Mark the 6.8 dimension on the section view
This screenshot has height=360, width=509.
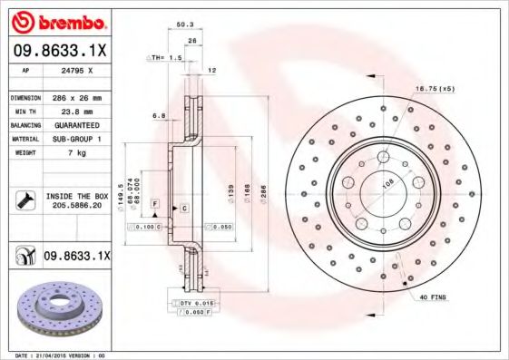click(158, 115)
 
